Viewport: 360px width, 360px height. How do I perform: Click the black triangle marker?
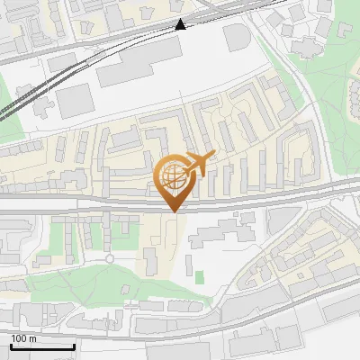tap(181, 24)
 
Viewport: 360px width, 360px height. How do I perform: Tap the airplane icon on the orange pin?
tap(197, 163)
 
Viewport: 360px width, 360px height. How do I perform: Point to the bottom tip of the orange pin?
tap(172, 211)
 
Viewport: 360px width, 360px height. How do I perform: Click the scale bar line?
tap(42, 346)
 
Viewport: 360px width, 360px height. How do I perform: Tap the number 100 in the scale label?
tap(19, 338)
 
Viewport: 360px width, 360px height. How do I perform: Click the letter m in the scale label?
tap(32, 338)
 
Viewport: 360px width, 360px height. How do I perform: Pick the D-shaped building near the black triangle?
tap(237, 37)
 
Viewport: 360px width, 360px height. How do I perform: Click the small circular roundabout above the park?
tap(110, 259)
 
